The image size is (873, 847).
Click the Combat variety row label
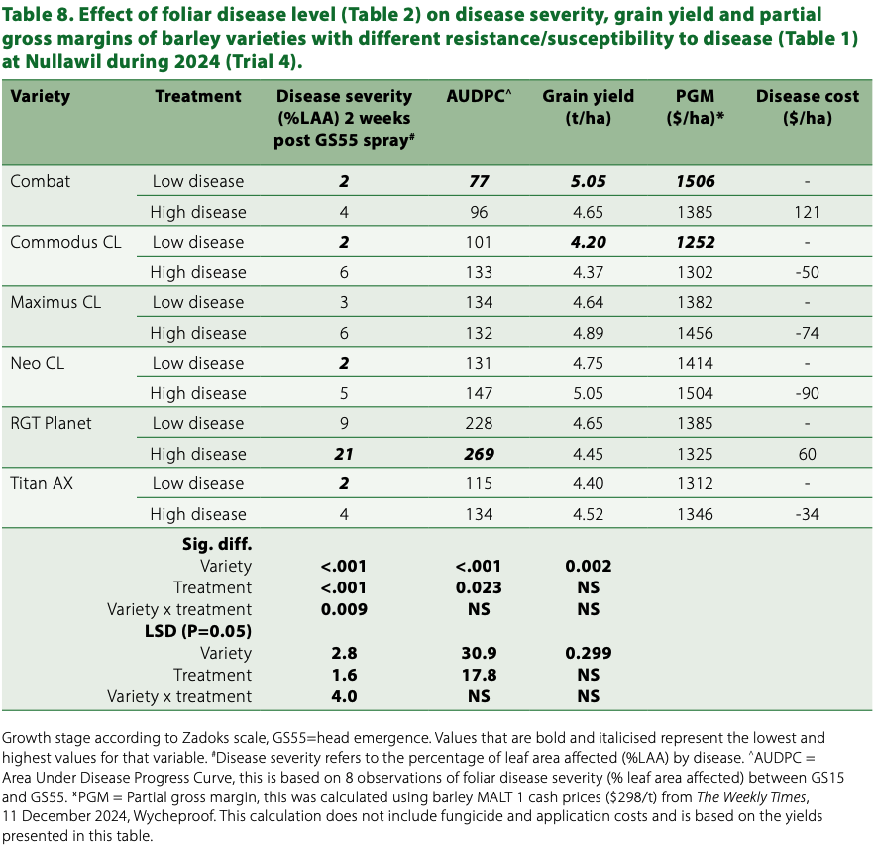(41, 181)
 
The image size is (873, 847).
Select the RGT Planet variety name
(51, 423)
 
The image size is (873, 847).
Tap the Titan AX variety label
(43, 483)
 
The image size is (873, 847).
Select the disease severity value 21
(344, 454)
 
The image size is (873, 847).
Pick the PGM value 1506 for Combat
(695, 181)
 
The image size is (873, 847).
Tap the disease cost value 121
(808, 212)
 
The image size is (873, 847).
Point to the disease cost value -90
(808, 393)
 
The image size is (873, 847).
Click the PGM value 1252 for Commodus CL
(695, 242)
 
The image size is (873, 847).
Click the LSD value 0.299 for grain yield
(588, 653)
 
